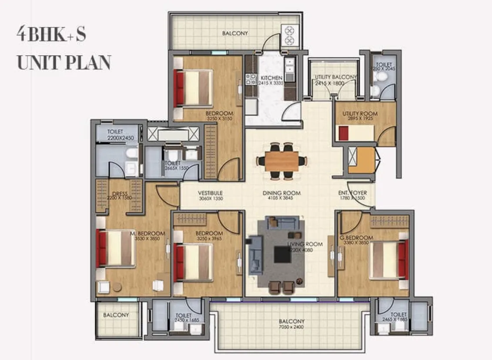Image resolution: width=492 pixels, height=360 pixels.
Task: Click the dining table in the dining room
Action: click(282, 161)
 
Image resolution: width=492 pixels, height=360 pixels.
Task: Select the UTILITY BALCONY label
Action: click(335, 77)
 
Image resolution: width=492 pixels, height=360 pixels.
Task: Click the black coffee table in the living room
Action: click(282, 255)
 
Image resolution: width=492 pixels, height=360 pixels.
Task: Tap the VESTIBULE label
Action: click(210, 193)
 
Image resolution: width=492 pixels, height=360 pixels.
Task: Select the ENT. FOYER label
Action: click(352, 193)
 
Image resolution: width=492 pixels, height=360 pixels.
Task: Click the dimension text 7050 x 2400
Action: click(291, 327)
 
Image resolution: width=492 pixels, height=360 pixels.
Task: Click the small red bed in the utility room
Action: click(344, 133)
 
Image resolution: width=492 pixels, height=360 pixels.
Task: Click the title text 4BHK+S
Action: click(51, 35)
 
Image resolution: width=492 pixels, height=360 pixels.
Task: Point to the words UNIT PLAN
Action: click(64, 63)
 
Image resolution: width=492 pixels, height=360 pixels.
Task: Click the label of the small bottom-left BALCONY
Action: click(116, 315)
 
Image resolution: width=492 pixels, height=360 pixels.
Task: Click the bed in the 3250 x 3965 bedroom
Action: click(193, 262)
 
